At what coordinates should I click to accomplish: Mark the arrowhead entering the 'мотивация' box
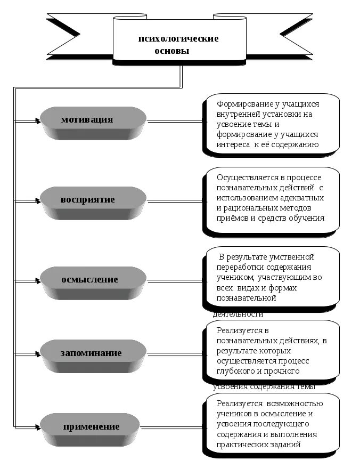pos(38,120)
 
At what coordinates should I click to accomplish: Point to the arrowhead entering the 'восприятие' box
pos(38,200)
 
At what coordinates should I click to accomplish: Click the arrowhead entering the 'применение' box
pos(38,426)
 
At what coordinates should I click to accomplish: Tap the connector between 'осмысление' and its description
pos(173,280)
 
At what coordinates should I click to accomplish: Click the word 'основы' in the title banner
pos(171,52)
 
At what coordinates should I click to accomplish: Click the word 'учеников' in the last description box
pos(234,414)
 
